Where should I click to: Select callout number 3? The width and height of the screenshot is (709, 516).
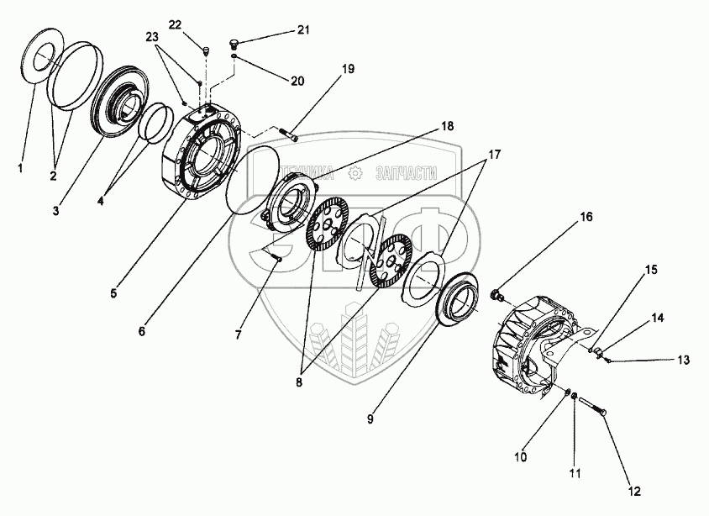click(79, 209)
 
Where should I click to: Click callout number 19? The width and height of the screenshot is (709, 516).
click(349, 69)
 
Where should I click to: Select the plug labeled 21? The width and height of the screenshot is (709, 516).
click(236, 42)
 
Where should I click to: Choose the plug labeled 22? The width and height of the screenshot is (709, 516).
click(205, 54)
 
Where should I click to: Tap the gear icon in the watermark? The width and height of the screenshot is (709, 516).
click(355, 172)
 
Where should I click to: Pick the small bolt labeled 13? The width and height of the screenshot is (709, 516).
click(607, 361)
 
